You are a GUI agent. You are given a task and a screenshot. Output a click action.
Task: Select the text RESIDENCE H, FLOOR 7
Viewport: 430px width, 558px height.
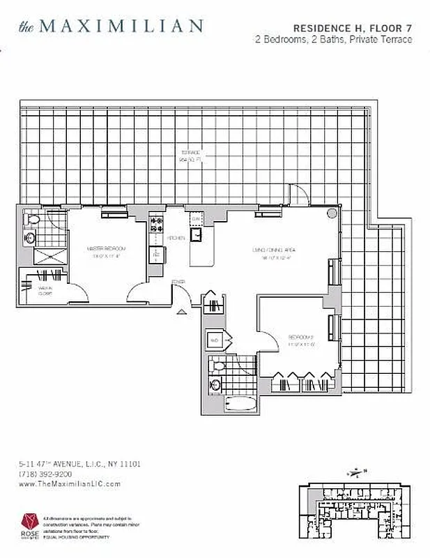[352, 28]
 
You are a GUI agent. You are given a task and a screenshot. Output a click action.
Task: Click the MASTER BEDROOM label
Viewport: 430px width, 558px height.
[106, 249]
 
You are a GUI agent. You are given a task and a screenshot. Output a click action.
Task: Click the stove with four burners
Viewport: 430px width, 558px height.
[157, 225]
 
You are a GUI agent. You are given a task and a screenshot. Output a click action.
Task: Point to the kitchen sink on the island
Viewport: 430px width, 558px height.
[197, 235]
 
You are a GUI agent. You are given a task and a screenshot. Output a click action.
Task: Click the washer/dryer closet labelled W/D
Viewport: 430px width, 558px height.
[214, 341]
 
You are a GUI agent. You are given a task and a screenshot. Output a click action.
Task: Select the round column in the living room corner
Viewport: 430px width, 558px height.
[334, 213]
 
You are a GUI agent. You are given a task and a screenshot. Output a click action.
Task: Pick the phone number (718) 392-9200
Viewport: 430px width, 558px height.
[45, 474]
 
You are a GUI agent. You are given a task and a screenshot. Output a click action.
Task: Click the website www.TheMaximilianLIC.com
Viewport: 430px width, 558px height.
[69, 483]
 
